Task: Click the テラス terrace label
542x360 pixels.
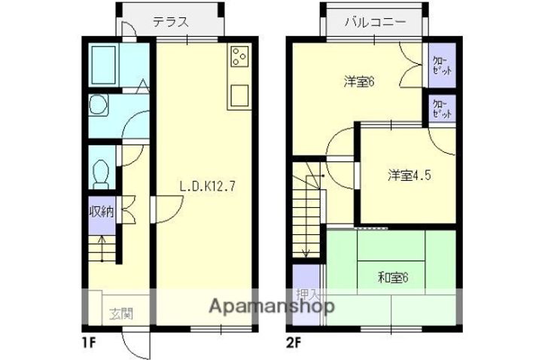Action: pos(170,23)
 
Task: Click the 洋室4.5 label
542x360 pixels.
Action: pos(410,175)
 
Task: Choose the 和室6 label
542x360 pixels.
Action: pos(392,277)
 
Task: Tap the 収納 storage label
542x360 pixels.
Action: pos(102,211)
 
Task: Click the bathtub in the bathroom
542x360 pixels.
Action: pos(102,65)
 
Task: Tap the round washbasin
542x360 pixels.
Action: pos(98,106)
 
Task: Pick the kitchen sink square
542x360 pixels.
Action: pos(239,96)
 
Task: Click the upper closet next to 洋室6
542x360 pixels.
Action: pos(442,66)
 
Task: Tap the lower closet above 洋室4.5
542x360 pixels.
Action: pos(442,109)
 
